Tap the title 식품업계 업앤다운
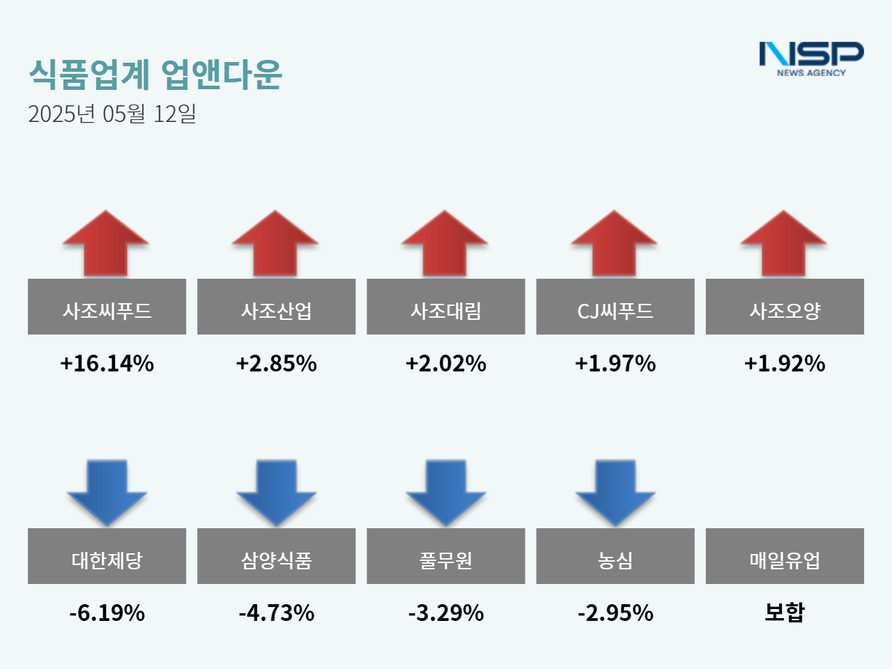click(155, 74)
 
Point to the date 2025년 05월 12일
click(112, 114)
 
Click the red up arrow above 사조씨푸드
click(106, 243)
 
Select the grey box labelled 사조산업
click(276, 307)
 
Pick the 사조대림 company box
click(445, 307)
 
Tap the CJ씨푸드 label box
click(615, 307)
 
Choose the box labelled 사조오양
click(785, 307)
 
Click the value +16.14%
click(107, 363)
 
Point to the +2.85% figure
click(276, 363)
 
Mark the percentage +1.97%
click(615, 363)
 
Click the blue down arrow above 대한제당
click(107, 492)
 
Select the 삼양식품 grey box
click(276, 556)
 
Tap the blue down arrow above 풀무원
click(445, 492)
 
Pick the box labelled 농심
click(615, 556)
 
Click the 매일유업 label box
click(785, 556)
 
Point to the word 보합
click(785, 612)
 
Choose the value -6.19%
click(107, 613)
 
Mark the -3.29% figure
click(445, 613)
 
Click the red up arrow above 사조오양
click(784, 243)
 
